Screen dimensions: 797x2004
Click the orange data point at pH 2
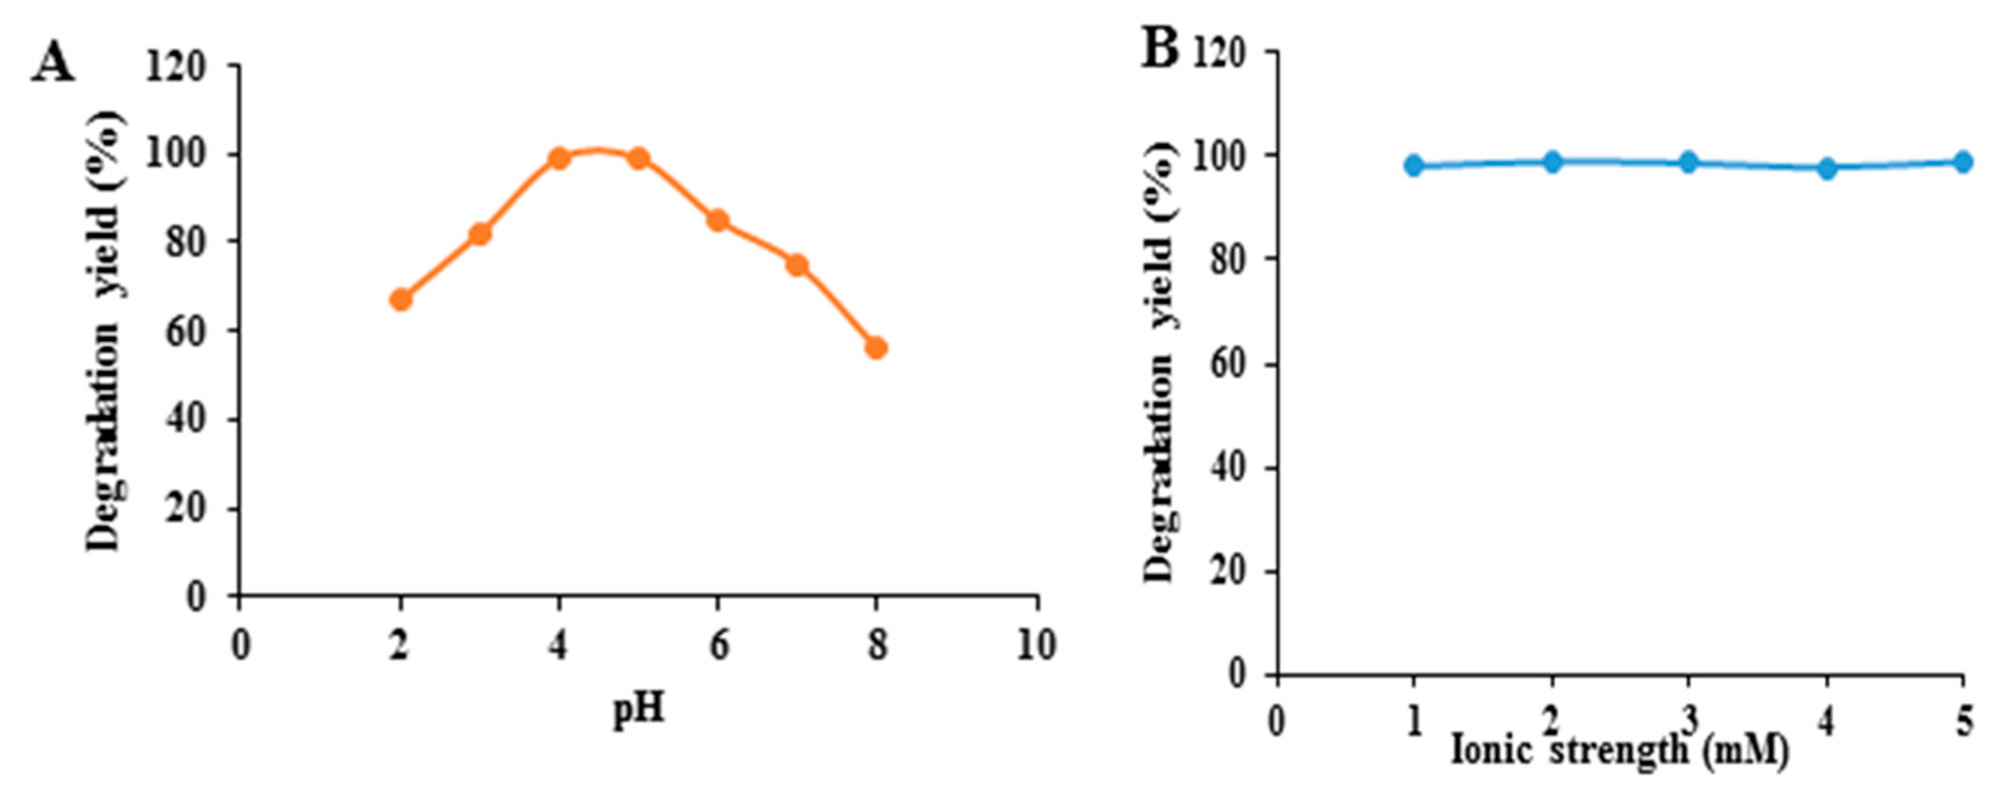(x=401, y=299)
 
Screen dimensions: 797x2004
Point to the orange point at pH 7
(x=796, y=265)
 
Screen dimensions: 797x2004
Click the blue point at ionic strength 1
(x=1414, y=165)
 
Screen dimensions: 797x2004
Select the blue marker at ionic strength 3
(x=1688, y=163)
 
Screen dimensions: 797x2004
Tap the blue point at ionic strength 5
(x=1963, y=162)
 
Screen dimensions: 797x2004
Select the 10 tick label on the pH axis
(x=1036, y=646)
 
